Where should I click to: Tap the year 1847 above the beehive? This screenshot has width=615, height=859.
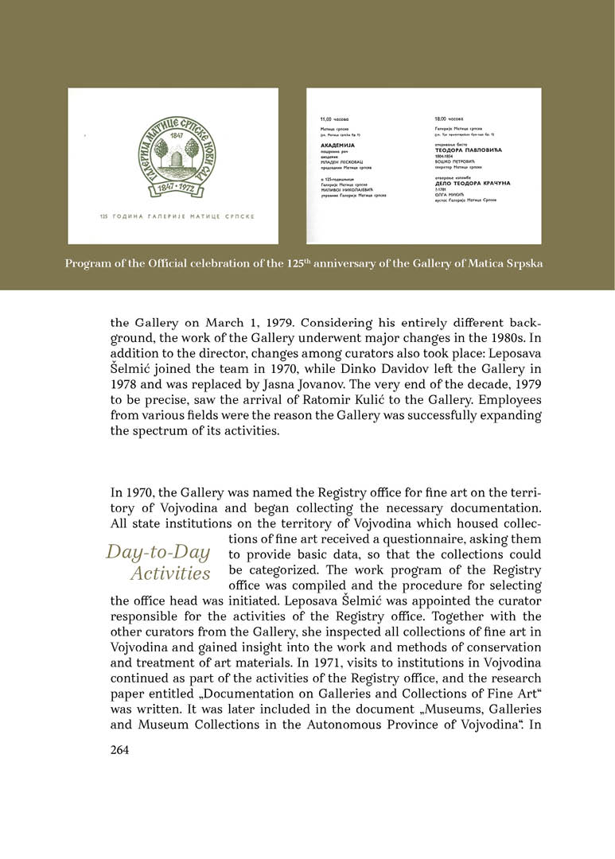click(173, 135)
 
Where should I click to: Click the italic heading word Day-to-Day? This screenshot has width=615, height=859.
click(158, 553)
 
